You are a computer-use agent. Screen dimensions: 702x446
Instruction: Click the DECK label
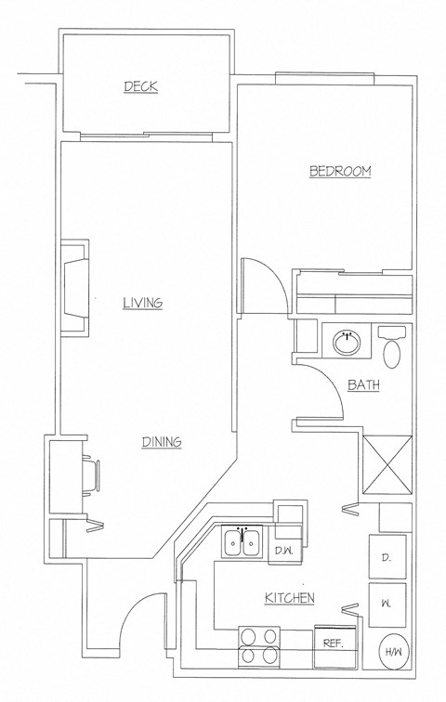(141, 87)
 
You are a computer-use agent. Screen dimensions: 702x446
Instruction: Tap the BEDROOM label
(340, 171)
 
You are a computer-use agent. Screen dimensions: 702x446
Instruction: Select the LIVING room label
(143, 303)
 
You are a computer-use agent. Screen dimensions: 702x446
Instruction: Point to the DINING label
(161, 442)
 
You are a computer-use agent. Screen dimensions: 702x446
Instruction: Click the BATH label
(364, 385)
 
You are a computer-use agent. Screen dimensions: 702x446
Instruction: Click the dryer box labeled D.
(387, 557)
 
